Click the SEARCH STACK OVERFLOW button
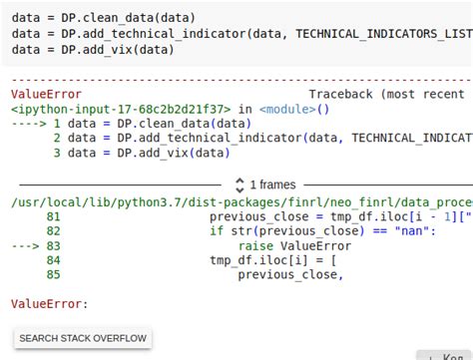pos(83,338)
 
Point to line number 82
pos(53,230)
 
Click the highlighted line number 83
pos(53,245)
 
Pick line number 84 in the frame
pos(53,260)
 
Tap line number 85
pos(53,274)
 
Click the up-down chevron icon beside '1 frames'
pos(239,184)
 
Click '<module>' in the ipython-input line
pos(289,109)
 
